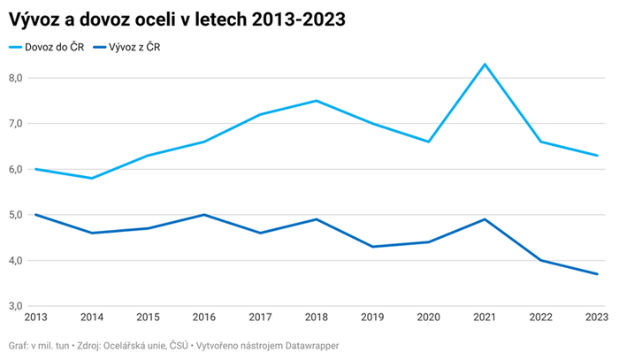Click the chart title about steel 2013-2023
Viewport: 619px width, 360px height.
177,19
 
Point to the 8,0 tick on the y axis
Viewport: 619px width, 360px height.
16,78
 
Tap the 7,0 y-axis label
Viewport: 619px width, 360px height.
16,123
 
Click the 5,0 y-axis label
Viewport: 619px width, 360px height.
16,214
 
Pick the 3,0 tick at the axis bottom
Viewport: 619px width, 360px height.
16,305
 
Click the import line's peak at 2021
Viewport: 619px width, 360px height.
485,65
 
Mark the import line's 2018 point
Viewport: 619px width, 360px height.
317,101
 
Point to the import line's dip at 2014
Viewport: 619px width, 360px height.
92,179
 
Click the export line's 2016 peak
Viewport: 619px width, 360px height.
204,214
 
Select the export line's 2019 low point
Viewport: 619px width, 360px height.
373,247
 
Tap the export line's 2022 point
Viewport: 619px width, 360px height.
541,260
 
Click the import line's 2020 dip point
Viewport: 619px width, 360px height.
429,142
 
